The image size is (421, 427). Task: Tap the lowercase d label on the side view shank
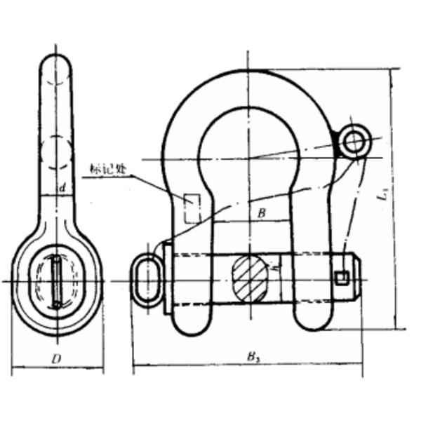coord(62,188)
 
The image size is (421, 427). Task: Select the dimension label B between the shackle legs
coord(260,213)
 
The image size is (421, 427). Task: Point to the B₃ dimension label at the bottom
coord(250,357)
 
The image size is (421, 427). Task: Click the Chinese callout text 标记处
coord(107,169)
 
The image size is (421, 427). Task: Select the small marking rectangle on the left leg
coord(191,208)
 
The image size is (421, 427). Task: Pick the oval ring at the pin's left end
coord(147,279)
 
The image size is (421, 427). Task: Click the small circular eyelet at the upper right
coord(354,142)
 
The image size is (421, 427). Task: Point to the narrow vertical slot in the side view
coord(56,280)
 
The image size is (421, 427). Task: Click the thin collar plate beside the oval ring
coord(166,278)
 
